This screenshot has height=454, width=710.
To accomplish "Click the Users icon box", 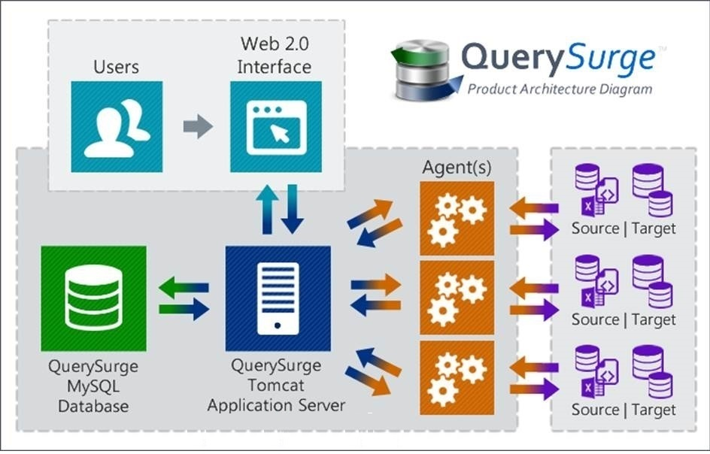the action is click(117, 127).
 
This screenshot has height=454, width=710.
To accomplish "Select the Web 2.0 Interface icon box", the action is click(276, 127).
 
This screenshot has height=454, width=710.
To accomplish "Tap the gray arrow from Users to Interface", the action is click(198, 126).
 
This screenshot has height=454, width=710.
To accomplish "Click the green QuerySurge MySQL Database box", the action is click(94, 298).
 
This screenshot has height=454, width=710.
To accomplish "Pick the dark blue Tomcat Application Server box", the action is click(278, 298).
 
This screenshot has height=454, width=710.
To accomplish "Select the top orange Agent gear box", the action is click(457, 219).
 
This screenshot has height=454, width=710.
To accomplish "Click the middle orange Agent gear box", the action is click(457, 298).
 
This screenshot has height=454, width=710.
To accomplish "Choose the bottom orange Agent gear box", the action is click(457, 378).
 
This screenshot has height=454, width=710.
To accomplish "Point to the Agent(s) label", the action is click(457, 168).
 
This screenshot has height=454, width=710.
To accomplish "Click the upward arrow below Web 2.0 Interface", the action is click(267, 209).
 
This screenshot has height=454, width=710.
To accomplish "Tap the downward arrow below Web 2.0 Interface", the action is click(292, 209).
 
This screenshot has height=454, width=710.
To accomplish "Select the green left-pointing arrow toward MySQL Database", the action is click(184, 288).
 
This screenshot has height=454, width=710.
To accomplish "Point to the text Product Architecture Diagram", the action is click(560, 89).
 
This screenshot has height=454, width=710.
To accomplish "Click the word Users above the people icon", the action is click(117, 67).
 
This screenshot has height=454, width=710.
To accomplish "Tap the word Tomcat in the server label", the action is click(276, 386).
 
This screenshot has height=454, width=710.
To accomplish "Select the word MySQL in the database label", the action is click(93, 386).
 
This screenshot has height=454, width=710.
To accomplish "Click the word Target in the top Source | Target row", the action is click(654, 229).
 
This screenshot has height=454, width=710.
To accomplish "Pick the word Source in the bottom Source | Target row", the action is click(595, 410).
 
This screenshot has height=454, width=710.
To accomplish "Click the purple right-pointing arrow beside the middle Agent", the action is click(534, 310).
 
